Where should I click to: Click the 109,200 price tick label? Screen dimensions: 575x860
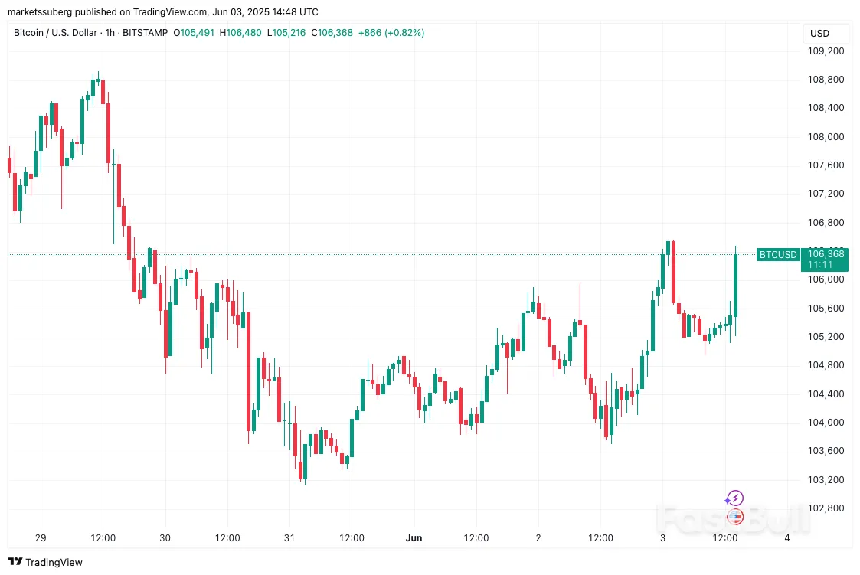click(x=826, y=51)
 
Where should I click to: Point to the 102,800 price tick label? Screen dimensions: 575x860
click(x=826, y=508)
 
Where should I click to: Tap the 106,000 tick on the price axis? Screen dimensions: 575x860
click(x=826, y=279)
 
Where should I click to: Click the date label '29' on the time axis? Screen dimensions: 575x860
click(x=41, y=538)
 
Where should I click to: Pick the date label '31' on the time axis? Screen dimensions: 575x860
click(x=289, y=538)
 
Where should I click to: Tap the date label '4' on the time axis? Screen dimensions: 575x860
click(x=787, y=538)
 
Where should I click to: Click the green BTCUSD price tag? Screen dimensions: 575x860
click(x=777, y=254)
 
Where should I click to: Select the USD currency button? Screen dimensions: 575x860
click(x=819, y=34)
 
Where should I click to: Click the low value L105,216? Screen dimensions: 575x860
click(x=285, y=33)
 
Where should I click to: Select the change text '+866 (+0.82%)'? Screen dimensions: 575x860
click(x=391, y=33)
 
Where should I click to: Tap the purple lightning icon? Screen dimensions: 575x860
click(x=735, y=498)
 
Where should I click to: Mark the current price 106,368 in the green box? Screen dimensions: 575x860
click(x=826, y=254)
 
